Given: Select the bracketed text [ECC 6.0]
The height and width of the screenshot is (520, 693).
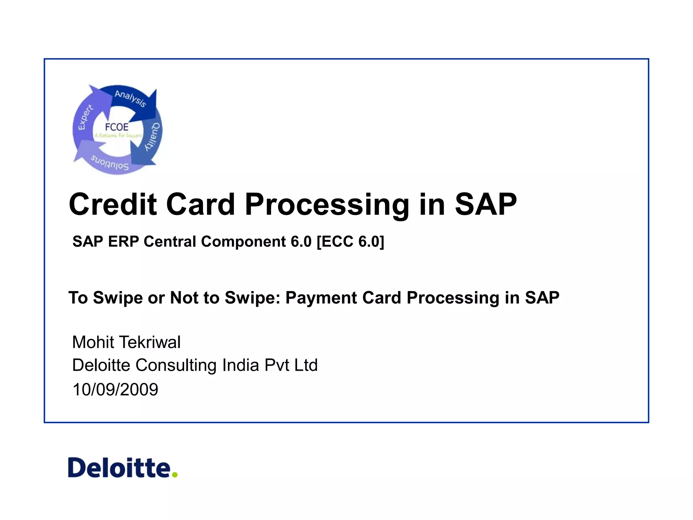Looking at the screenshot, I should [350, 242].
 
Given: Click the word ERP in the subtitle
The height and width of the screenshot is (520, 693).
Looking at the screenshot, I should [123, 242].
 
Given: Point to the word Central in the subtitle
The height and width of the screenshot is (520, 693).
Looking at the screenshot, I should [170, 242].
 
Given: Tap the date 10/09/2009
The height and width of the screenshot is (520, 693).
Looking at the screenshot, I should [115, 389].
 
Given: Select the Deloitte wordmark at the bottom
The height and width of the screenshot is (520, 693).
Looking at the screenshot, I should [119, 468].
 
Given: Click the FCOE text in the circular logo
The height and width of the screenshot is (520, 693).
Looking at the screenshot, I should [117, 127].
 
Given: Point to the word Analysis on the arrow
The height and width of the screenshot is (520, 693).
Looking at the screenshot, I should [130, 98].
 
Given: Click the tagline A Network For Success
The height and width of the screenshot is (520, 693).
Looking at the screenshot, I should [118, 135].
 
